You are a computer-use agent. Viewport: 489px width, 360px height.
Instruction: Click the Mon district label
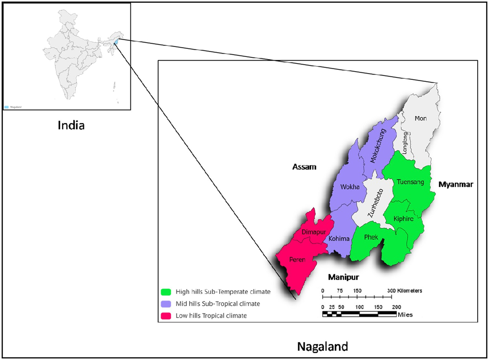point(420,119)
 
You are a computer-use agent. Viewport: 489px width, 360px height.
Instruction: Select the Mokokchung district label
point(378,146)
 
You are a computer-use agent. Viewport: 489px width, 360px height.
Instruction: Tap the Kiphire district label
point(403,219)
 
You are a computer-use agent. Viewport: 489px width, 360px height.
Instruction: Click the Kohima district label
point(339,239)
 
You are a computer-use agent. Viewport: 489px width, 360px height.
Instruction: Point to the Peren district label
point(298,259)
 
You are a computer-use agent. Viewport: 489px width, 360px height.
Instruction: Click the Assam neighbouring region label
point(304,167)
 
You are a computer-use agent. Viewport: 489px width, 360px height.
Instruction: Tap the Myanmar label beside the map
point(456,184)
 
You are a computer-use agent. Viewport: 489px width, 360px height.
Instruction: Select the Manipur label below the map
point(344,278)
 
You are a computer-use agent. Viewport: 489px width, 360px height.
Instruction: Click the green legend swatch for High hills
point(165,292)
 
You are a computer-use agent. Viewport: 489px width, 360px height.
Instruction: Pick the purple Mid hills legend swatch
point(165,304)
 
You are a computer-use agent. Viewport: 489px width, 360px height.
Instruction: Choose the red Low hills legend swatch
point(165,316)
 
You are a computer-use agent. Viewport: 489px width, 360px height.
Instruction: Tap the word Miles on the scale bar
point(406,314)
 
